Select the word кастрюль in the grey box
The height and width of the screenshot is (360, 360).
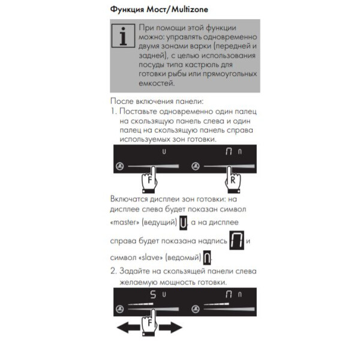click(x=215, y=64)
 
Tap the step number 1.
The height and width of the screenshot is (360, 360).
click(x=113, y=112)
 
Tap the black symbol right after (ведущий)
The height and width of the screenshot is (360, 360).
click(x=184, y=224)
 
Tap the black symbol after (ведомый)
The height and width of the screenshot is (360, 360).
click(x=207, y=258)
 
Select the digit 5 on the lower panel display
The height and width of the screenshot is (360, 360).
click(x=152, y=295)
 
